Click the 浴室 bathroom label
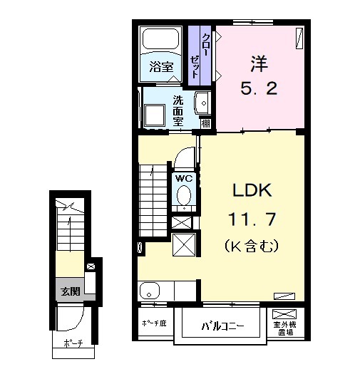pyautogui.click(x=161, y=66)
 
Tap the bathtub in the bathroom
pyautogui.click(x=160, y=38)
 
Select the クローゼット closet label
pyautogui.click(x=200, y=56)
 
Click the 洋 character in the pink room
pyautogui.click(x=259, y=63)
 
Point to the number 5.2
pyautogui.click(x=259, y=88)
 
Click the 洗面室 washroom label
pyautogui.click(x=178, y=110)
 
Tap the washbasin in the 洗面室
pyautogui.click(x=202, y=103)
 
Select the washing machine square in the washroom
pyautogui.click(x=155, y=115)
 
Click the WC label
pyautogui.click(x=184, y=178)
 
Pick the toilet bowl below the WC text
pyautogui.click(x=184, y=195)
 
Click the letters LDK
pyautogui.click(x=252, y=190)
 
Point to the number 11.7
pyautogui.click(x=252, y=219)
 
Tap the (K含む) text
pyautogui.click(x=252, y=246)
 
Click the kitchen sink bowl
pyautogui.click(x=150, y=291)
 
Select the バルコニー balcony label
pyautogui.click(x=222, y=326)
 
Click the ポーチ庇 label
pyautogui.click(x=154, y=323)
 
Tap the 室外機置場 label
pyautogui.click(x=284, y=328)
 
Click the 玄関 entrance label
pyautogui.click(x=70, y=291)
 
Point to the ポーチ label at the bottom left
pyautogui.click(x=73, y=343)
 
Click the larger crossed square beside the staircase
pyautogui.click(x=184, y=245)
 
